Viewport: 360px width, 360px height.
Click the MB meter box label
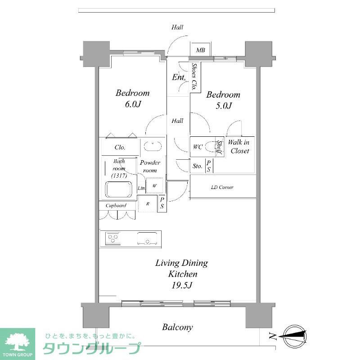click(201, 50)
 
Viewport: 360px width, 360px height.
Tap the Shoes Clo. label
click(194, 77)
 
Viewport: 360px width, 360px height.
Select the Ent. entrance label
click(179, 77)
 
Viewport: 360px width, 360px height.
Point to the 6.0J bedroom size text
click(132, 105)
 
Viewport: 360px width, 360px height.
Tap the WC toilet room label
click(198, 147)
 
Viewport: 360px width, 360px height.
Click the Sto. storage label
click(197, 166)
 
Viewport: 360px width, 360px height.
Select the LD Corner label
click(222, 187)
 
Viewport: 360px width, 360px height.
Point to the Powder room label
click(150, 166)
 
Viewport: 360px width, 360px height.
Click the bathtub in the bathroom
click(120, 189)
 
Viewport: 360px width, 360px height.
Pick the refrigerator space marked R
click(148, 203)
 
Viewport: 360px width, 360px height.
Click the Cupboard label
click(116, 206)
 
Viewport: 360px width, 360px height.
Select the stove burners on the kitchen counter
click(113, 238)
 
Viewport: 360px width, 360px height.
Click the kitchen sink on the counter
click(148, 238)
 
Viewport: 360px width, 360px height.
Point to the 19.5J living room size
click(182, 285)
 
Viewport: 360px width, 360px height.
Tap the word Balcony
click(178, 327)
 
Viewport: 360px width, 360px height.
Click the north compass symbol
click(294, 335)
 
